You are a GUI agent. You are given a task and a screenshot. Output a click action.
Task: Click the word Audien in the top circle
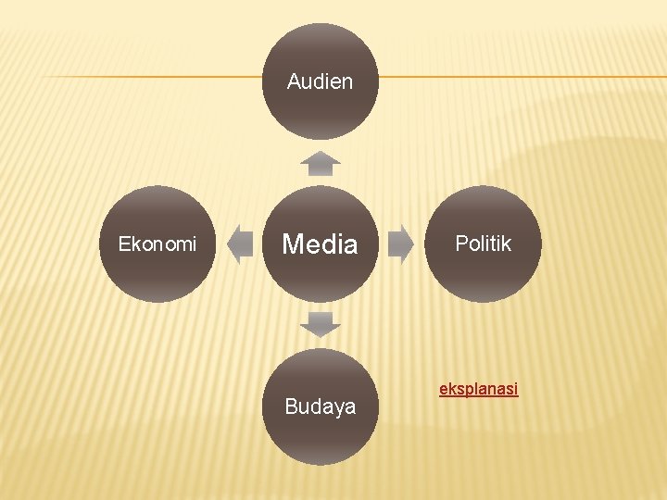[320, 81]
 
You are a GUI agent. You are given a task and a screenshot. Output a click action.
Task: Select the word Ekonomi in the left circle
[157, 244]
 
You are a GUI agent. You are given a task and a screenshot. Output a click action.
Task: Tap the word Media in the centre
[320, 244]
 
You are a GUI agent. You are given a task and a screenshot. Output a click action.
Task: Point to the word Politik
[483, 244]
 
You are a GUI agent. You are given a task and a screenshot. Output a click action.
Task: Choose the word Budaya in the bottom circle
[320, 407]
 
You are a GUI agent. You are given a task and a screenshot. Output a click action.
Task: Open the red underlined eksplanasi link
[478, 389]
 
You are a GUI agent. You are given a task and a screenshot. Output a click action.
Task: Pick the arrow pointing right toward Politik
[400, 244]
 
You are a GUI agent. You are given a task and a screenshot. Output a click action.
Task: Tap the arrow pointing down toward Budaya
[321, 325]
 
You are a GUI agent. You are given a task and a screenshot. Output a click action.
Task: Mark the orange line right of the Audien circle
[519, 76]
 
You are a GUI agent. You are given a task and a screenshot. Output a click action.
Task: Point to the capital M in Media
[294, 244]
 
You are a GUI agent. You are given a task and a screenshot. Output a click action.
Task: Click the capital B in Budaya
[291, 407]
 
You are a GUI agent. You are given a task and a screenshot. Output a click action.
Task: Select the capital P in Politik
[460, 244]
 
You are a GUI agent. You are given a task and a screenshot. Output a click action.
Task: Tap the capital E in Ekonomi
[123, 244]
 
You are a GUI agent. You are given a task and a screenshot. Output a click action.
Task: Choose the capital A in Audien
[294, 81]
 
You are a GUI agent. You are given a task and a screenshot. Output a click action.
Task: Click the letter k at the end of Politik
[507, 244]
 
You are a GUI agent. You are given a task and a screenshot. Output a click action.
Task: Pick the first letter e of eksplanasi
[443, 389]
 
